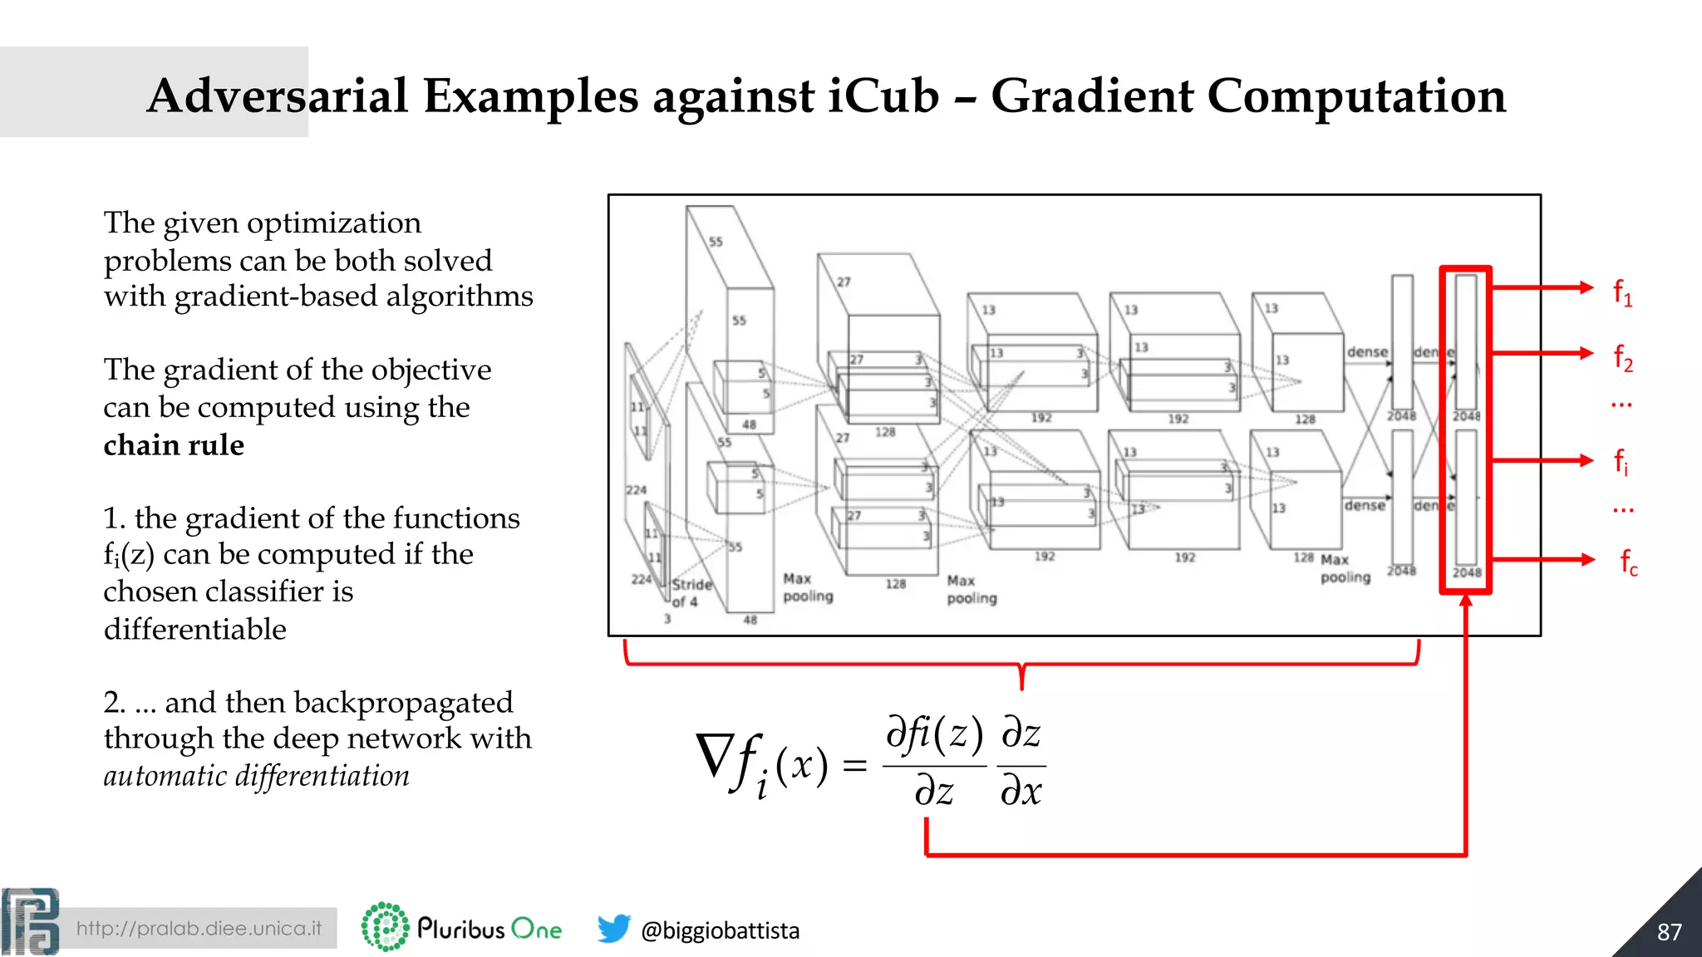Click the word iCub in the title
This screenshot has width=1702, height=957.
(883, 96)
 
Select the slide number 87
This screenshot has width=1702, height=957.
(1669, 931)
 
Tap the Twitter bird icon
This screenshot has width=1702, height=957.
(613, 928)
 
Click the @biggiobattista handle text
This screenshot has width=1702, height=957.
(720, 930)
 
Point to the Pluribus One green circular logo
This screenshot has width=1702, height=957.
(385, 926)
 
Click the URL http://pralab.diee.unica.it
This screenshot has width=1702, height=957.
(199, 928)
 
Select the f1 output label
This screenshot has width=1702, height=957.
(1622, 292)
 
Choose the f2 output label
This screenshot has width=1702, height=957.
(1622, 357)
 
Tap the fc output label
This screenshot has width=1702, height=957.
(1628, 562)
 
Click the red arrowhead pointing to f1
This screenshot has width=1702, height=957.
(1586, 287)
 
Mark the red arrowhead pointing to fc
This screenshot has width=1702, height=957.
(1586, 560)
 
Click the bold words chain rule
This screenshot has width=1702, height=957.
(174, 445)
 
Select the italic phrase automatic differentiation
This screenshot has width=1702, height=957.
(256, 776)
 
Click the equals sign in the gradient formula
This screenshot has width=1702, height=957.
(854, 765)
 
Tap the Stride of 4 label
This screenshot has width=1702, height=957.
(691, 592)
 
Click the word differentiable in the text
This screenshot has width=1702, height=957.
(195, 629)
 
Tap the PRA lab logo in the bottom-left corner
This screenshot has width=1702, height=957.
(30, 921)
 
